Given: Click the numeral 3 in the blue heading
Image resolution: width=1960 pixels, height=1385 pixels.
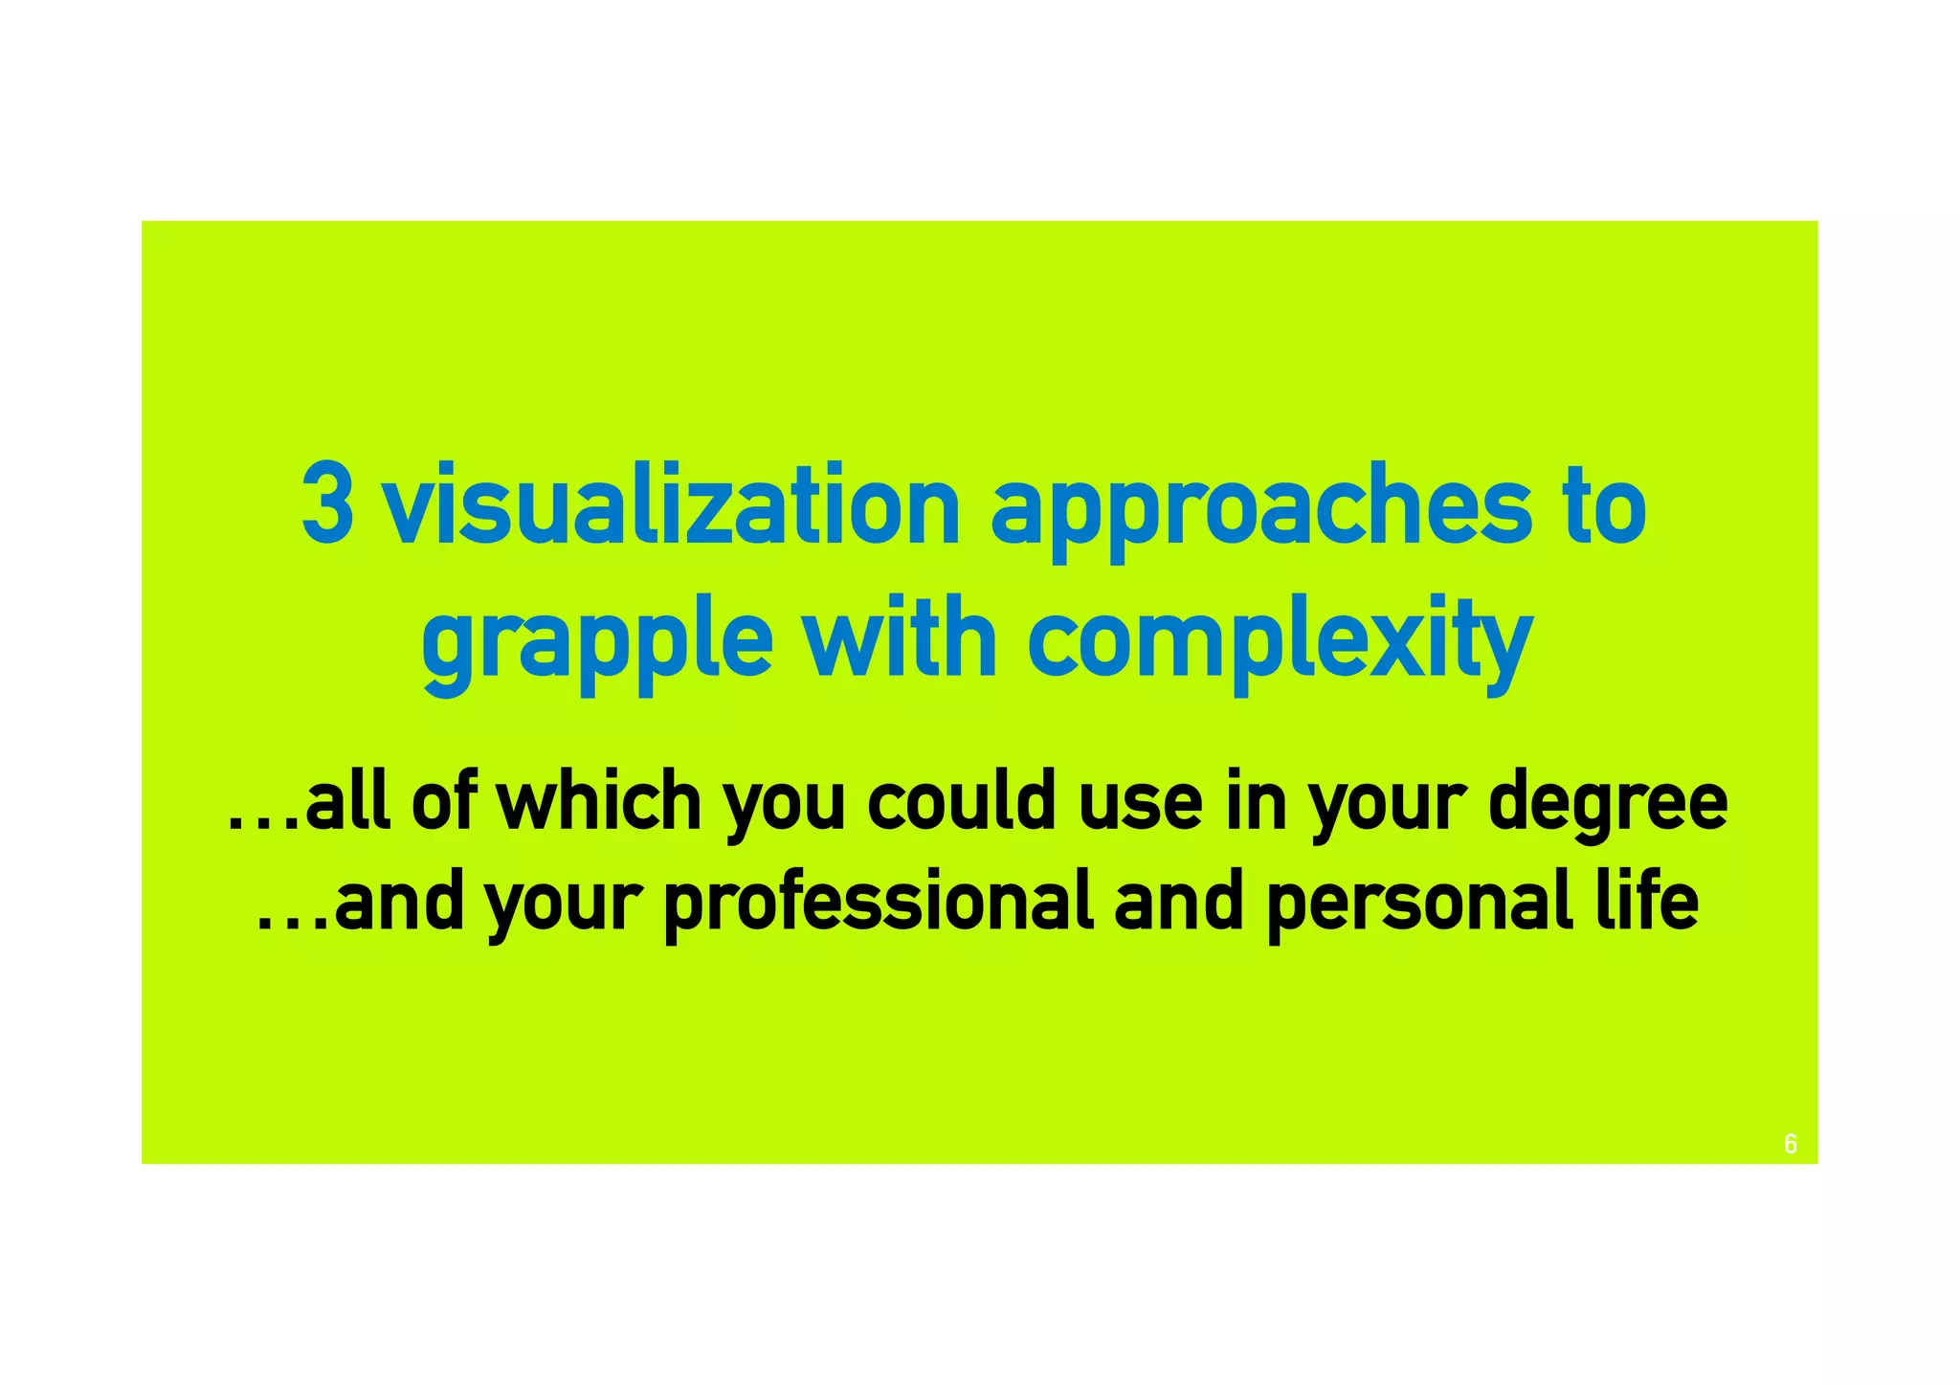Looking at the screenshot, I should coord(327,504).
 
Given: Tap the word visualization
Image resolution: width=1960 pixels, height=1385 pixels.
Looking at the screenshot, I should coord(671,504).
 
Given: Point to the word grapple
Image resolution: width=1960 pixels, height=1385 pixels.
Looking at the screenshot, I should coord(596,641).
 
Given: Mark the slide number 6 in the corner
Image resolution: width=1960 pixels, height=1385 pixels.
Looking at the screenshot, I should coord(1791,1144).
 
